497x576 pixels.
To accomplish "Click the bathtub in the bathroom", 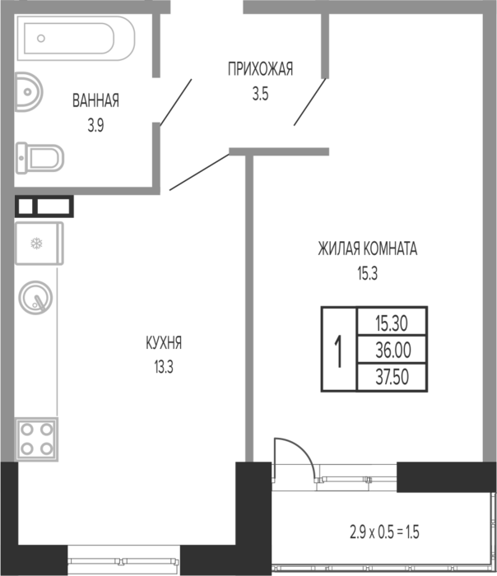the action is tap(76, 38).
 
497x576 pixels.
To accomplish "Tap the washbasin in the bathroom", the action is tap(29, 92).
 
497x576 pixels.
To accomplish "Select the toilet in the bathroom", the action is tap(39, 158).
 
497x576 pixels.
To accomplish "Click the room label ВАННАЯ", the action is tap(95, 100).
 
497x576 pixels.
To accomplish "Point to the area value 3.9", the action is tap(95, 126).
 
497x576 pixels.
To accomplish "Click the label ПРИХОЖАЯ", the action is tap(261, 69).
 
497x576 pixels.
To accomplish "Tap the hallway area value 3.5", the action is tap(261, 94).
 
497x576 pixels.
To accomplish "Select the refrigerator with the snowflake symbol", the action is tap(39, 244).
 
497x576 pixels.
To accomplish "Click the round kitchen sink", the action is tap(35, 298).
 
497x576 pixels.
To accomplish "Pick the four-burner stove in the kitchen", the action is tap(36, 439).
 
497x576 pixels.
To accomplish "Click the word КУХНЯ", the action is tap(164, 343).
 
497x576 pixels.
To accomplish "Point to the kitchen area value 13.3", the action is tap(164, 367).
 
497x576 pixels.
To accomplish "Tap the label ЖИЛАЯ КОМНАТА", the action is tap(367, 249).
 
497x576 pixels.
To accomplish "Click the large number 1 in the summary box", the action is tap(339, 350).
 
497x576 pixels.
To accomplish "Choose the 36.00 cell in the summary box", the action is tap(392, 350).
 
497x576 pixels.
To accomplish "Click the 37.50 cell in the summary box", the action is tap(392, 377).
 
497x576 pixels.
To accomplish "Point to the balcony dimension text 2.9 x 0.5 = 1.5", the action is tap(384, 532).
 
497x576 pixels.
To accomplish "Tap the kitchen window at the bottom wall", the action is tap(123, 560).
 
